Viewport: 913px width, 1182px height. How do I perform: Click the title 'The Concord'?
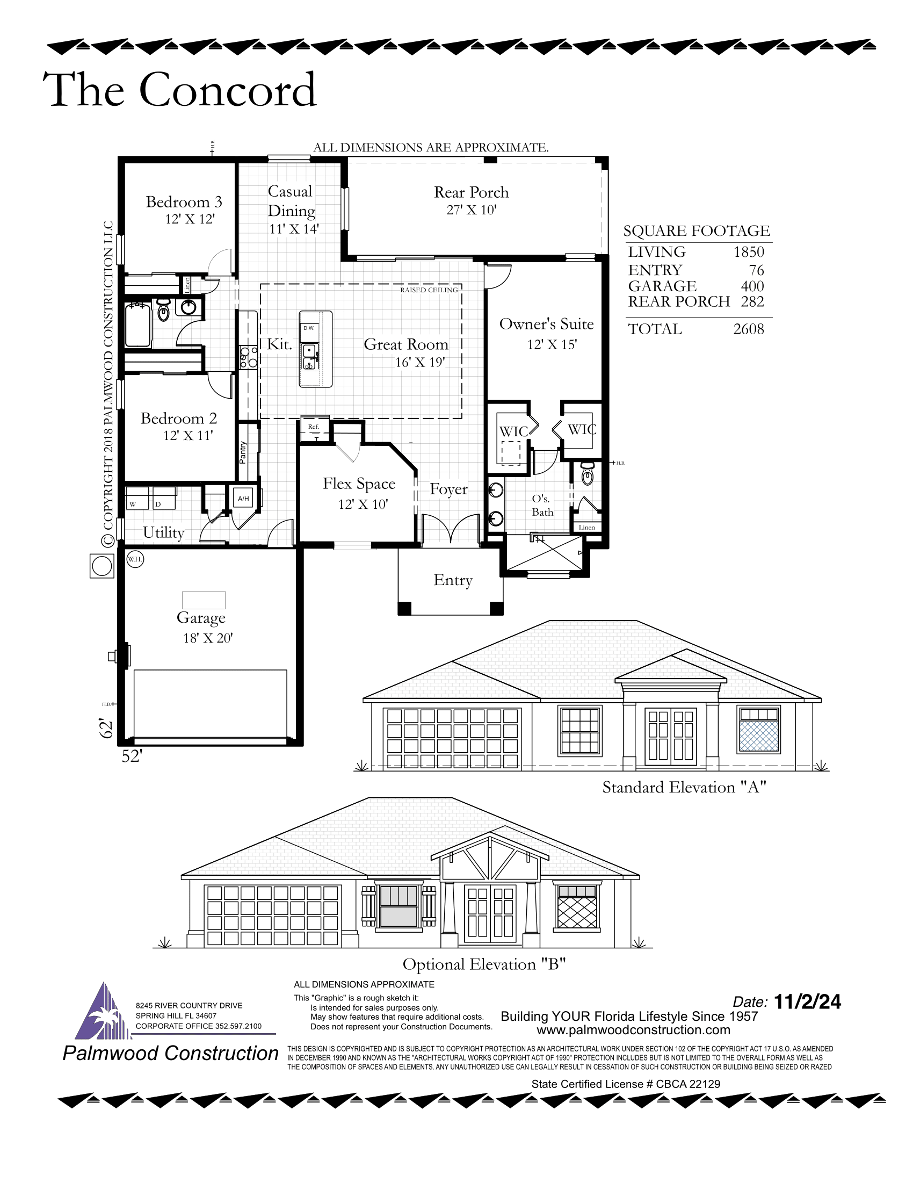[x=179, y=89]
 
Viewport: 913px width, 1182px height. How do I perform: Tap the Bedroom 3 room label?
[x=184, y=202]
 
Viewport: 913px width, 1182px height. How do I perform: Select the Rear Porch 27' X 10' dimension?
[x=472, y=210]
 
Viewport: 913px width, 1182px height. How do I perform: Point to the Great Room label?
[x=406, y=344]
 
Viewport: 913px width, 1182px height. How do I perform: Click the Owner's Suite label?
[x=546, y=324]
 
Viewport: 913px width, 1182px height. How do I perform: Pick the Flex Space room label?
[x=359, y=484]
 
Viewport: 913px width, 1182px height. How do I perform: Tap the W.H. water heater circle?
[x=135, y=559]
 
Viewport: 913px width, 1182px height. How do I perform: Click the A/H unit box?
[x=243, y=499]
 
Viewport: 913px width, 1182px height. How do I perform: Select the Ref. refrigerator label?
[x=314, y=427]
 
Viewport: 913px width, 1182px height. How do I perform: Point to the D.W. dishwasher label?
[x=309, y=328]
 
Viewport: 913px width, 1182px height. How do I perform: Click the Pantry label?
[x=243, y=452]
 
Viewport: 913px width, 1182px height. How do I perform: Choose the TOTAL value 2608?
[x=749, y=329]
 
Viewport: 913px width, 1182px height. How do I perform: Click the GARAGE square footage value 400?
[x=752, y=286]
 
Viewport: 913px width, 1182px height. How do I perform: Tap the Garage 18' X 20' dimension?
[x=208, y=638]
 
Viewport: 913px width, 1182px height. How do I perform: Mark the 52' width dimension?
[x=132, y=756]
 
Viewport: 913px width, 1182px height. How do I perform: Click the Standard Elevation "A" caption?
[x=684, y=788]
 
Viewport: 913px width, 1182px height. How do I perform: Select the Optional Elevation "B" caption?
[x=484, y=964]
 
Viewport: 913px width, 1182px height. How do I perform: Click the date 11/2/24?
[x=808, y=1002]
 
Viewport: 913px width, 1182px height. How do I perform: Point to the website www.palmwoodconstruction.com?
[x=633, y=1030]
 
